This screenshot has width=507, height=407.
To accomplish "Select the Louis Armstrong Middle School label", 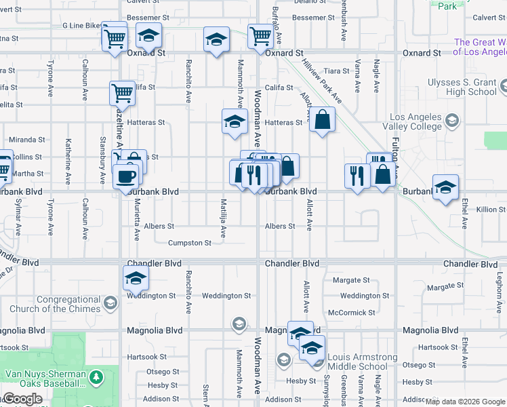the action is tap(363, 362).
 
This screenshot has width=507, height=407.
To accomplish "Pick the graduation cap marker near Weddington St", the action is tap(136, 277).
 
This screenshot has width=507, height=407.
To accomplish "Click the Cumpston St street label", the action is tap(190, 243).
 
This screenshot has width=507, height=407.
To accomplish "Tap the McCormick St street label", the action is tap(351, 313).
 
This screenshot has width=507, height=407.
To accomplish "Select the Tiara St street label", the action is tap(336, 71).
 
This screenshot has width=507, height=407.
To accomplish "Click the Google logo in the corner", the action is tap(22, 399).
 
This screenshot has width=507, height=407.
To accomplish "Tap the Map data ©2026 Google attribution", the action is tap(465, 402).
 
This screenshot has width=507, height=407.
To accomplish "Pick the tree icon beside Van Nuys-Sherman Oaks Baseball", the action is tap(96, 375).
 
